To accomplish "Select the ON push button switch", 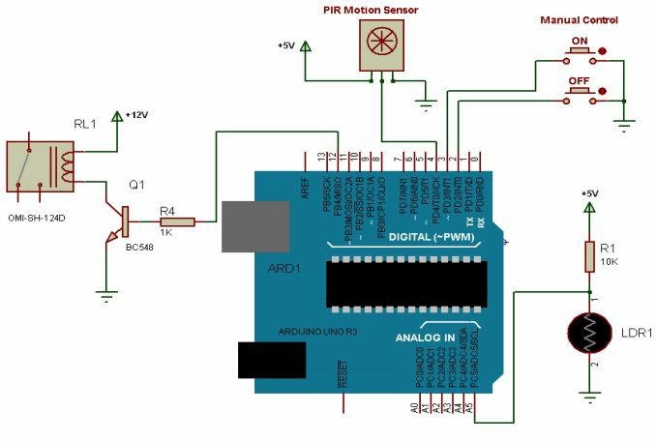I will (581, 54).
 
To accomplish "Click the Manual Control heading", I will (579, 19).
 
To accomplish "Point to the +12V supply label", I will (135, 114).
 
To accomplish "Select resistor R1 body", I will (590, 256).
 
